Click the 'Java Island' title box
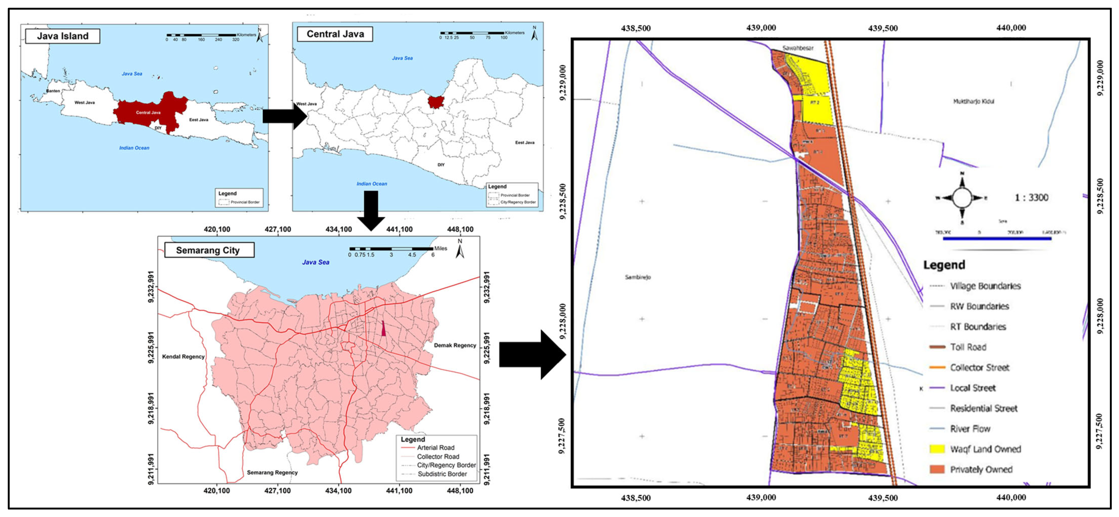[62, 36]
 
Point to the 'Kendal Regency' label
[183, 356]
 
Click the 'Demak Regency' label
[455, 345]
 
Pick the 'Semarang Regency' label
[272, 472]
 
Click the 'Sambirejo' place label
[638, 277]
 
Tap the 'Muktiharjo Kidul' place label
[973, 101]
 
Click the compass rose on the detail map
[962, 198]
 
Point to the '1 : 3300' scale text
[1031, 198]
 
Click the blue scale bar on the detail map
[997, 238]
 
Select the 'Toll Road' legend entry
[968, 347]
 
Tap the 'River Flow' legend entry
[970, 429]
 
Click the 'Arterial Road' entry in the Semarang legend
[435, 448]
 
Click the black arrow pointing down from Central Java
[370, 211]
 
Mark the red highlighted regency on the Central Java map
[435, 102]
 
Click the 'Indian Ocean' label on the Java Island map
[134, 148]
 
